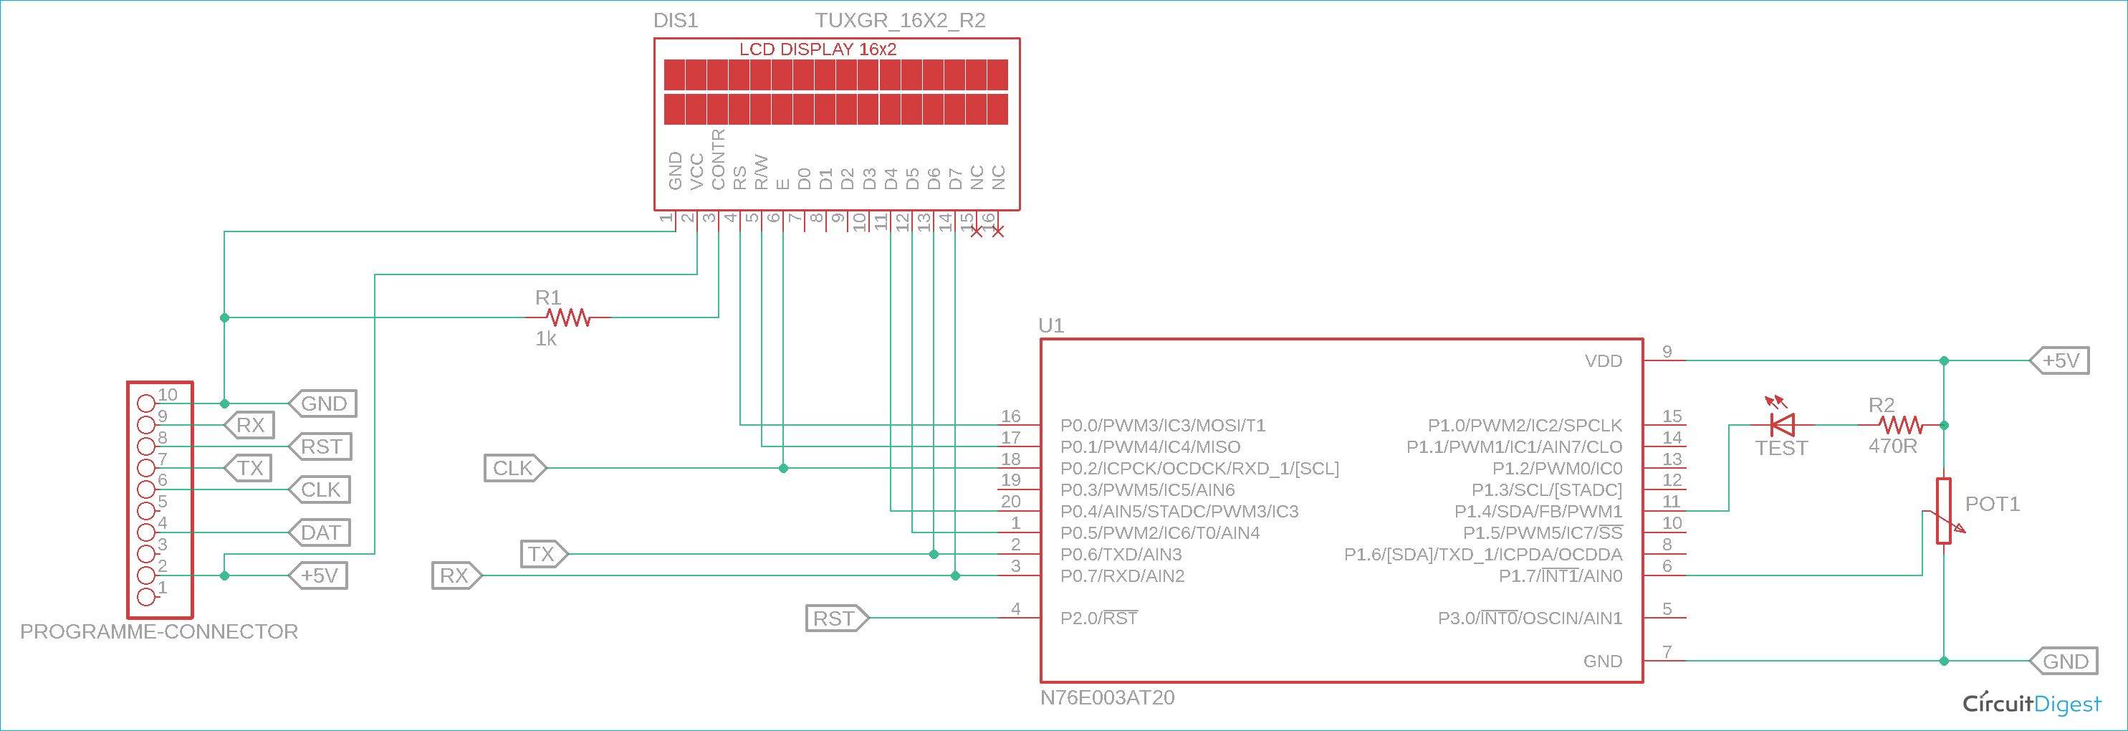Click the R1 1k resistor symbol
pyautogui.click(x=568, y=317)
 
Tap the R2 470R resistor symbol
pyautogui.click(x=1900, y=426)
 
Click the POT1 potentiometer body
pyautogui.click(x=1943, y=510)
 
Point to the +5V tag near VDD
pyautogui.click(x=2059, y=361)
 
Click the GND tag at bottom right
pyautogui.click(x=2064, y=661)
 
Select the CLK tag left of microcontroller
pyautogui.click(x=514, y=468)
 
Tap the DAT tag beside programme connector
pyautogui.click(x=320, y=532)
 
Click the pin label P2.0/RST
pyautogui.click(x=1098, y=618)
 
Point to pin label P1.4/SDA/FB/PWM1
pyautogui.click(x=1538, y=511)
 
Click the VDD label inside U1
pyautogui.click(x=1603, y=361)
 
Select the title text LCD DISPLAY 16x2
pyautogui.click(x=817, y=49)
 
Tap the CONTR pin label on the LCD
pyautogui.click(x=718, y=158)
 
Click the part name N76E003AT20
pyautogui.click(x=1106, y=698)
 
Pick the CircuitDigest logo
pyautogui.click(x=2031, y=704)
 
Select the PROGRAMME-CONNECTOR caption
pyautogui.click(x=158, y=632)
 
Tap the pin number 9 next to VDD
pyautogui.click(x=1667, y=352)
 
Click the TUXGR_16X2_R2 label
pyautogui.click(x=900, y=20)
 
